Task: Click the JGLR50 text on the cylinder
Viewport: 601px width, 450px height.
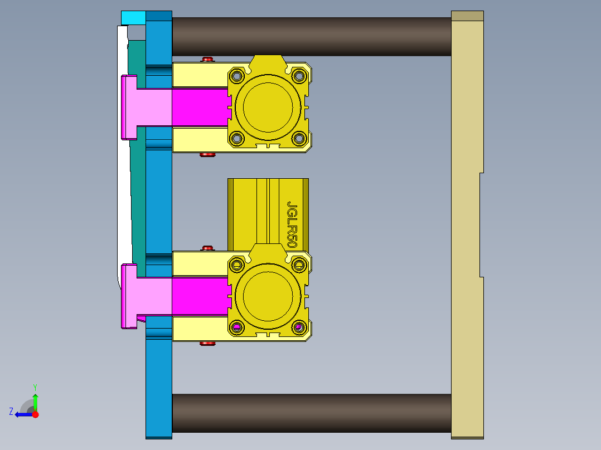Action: pos(292,224)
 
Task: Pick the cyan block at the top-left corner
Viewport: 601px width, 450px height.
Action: pos(133,17)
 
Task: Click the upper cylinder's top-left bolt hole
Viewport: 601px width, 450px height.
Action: pos(236,75)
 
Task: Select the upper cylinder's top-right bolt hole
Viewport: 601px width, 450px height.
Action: pos(299,75)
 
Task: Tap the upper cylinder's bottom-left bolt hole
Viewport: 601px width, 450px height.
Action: pos(236,138)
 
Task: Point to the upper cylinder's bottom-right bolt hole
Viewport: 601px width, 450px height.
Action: pos(299,138)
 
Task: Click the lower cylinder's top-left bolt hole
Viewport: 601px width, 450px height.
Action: pos(236,264)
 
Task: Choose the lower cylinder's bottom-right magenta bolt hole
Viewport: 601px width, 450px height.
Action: pos(299,327)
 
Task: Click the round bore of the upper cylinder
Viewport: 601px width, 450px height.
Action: pos(268,107)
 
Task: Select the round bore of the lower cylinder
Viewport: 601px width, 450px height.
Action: pos(268,296)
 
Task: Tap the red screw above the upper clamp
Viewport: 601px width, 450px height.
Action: pos(207,59)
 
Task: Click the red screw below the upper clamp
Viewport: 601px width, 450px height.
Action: pos(207,155)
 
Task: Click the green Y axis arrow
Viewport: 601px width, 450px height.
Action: pos(35,400)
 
